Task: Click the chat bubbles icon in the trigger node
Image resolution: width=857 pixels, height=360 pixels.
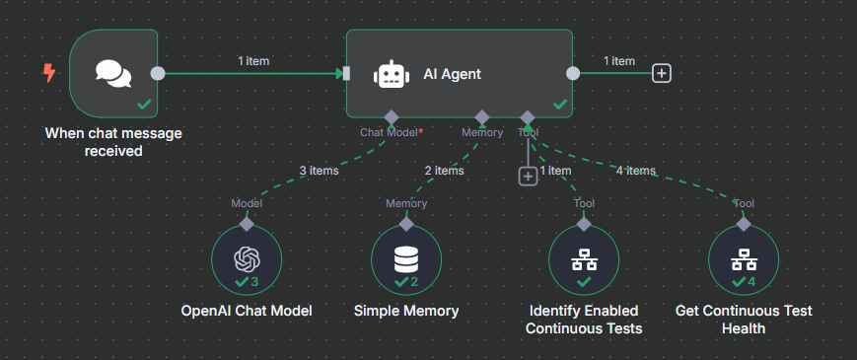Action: click(113, 73)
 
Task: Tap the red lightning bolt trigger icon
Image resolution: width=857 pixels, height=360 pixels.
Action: click(48, 73)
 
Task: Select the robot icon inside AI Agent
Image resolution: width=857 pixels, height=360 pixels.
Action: click(392, 74)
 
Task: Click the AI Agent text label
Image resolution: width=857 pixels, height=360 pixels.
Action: click(452, 74)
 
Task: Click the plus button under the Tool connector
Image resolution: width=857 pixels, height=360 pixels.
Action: click(528, 176)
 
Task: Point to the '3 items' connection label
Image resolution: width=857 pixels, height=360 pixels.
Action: click(319, 171)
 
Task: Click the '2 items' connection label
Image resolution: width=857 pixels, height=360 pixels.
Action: click(444, 171)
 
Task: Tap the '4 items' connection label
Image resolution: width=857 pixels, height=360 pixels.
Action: click(635, 171)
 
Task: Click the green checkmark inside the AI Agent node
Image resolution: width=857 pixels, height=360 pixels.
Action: click(559, 103)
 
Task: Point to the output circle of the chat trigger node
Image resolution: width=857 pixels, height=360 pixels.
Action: click(157, 73)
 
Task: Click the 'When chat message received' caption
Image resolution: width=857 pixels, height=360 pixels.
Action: click(113, 142)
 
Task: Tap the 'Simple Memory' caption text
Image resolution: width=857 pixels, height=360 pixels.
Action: click(405, 311)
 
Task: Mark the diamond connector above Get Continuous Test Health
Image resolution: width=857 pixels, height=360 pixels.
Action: click(744, 224)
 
